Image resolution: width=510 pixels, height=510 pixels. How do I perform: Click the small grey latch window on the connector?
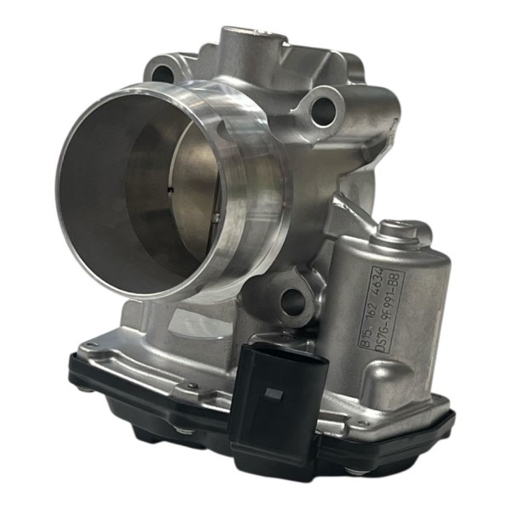(x=274, y=394)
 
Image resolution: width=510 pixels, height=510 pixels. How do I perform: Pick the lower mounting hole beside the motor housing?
(x=293, y=299)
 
